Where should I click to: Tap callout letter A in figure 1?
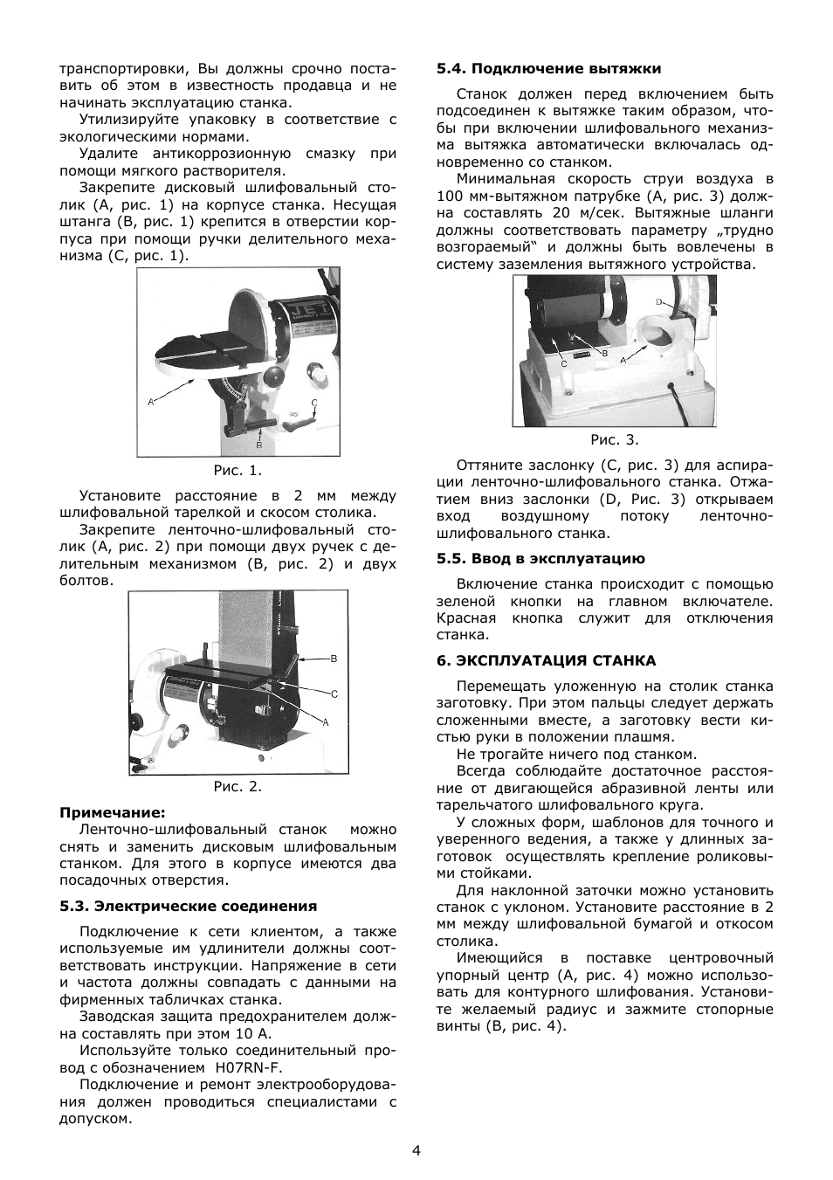pos(150,402)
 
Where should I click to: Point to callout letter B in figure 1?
pos(259,445)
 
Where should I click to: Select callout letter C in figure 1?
pos(315,403)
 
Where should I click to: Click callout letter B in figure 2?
pos(334,658)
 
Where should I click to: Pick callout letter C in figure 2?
pos(334,693)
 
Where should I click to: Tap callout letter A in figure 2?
pos(326,722)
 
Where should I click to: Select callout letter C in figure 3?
pos(564,362)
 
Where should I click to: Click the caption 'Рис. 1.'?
pos(238,471)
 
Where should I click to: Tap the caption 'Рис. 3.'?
pos(615,439)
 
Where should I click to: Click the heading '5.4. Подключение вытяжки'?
pos(548,68)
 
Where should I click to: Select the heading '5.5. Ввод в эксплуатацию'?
pos(540,559)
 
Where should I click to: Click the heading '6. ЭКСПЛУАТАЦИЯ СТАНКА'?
pos(546,660)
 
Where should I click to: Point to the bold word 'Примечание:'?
pos(113,812)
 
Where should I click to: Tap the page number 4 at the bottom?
pos(416,1149)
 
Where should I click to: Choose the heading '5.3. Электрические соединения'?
pos(188,906)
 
